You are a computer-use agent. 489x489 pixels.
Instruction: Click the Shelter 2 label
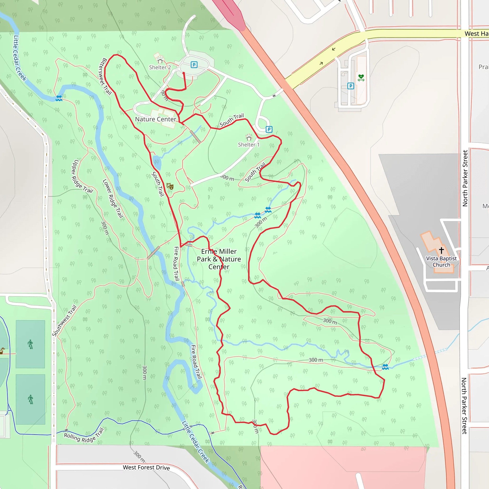[160, 67]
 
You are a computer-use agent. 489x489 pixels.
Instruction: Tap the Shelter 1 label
[249, 144]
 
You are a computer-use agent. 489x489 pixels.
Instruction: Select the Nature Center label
[155, 119]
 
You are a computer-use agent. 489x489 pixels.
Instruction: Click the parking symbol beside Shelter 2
[194, 65]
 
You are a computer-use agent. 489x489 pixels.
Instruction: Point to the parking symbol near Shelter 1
[269, 129]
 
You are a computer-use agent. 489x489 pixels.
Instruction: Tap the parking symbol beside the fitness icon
[350, 86]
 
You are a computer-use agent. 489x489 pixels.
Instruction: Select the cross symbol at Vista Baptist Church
[441, 250]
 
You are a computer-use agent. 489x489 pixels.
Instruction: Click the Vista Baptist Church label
[441, 261]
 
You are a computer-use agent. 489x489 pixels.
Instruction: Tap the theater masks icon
[170, 186]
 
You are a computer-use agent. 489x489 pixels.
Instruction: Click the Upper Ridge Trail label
[82, 176]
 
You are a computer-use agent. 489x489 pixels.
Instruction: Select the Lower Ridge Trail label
[113, 198]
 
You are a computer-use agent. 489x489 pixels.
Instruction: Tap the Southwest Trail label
[64, 321]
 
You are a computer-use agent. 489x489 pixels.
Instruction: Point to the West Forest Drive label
[146, 467]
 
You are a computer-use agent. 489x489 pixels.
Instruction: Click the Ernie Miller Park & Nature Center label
[219, 259]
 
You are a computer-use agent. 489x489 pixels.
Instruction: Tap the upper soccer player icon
[30, 344]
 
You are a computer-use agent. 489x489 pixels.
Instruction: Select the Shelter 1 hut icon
[249, 138]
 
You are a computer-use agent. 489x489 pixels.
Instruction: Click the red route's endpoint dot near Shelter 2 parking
[184, 73]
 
